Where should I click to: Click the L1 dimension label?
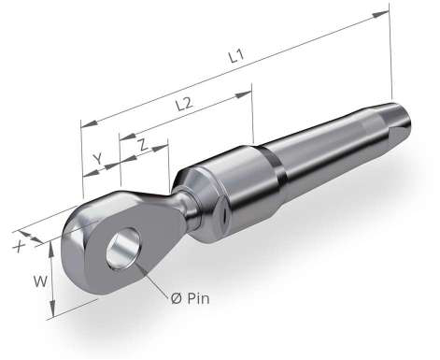[236, 57]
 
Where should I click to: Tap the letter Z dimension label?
[143, 145]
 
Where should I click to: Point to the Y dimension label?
[98, 159]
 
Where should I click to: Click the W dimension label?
[40, 281]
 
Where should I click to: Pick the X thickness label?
[20, 247]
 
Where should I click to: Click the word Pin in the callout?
[198, 298]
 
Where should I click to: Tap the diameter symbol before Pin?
[177, 299]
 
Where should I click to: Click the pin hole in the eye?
[122, 248]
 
